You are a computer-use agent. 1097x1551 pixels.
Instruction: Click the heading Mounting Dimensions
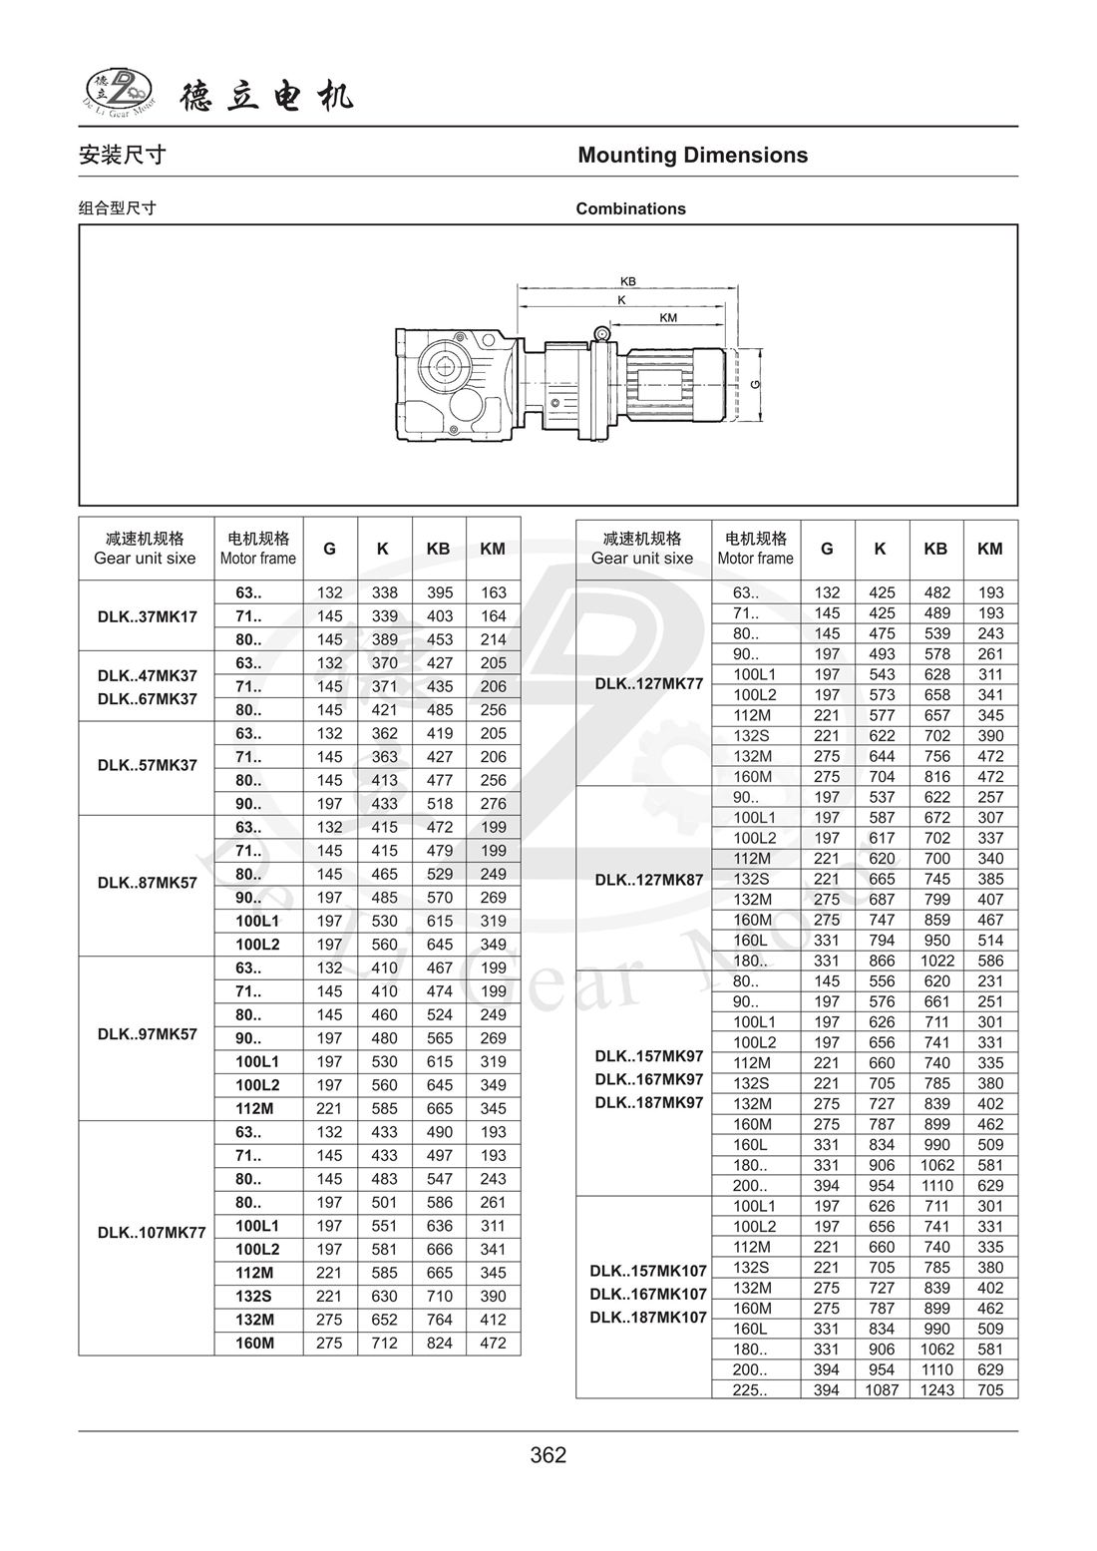pyautogui.click(x=692, y=156)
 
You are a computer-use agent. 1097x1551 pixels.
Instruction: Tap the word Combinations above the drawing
pyautogui.click(x=630, y=208)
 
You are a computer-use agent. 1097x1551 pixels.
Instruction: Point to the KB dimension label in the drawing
pyautogui.click(x=628, y=281)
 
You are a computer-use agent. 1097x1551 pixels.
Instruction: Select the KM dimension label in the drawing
pyautogui.click(x=668, y=318)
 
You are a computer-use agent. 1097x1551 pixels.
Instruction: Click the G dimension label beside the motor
pyautogui.click(x=755, y=384)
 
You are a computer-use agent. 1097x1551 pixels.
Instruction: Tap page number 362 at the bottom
pyautogui.click(x=548, y=1455)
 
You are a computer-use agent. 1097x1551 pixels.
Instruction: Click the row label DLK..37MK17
pyautogui.click(x=147, y=616)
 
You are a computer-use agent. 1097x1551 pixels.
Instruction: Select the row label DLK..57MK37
pyautogui.click(x=147, y=766)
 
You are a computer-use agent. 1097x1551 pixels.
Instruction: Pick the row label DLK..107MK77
pyautogui.click(x=151, y=1233)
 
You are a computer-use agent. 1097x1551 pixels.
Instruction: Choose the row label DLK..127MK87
pyautogui.click(x=649, y=879)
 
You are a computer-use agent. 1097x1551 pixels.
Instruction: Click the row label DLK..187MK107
pyautogui.click(x=648, y=1318)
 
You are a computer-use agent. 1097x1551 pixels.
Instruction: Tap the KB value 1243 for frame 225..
pyautogui.click(x=936, y=1390)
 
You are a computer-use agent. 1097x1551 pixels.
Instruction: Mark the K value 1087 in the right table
pyautogui.click(x=882, y=1390)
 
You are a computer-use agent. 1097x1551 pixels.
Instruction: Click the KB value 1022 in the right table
pyautogui.click(x=936, y=961)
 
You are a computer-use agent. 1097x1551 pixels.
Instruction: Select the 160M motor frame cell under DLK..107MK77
pyautogui.click(x=254, y=1344)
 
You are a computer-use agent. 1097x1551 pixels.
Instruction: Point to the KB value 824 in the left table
pyautogui.click(x=439, y=1344)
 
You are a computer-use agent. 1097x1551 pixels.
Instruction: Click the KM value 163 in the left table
pyautogui.click(x=493, y=592)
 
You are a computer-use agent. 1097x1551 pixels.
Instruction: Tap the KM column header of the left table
pyautogui.click(x=493, y=549)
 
